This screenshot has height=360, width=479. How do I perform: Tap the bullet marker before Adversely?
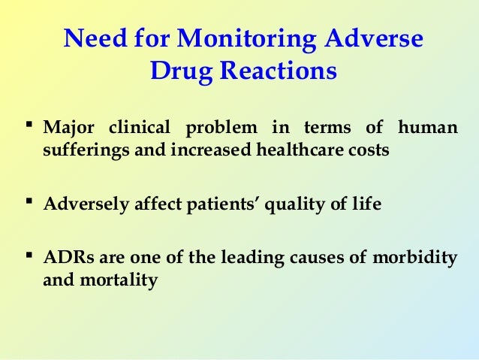point(29,201)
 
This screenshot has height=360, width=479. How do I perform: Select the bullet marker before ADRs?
point(29,258)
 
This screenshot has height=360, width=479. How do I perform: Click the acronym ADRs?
point(65,259)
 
